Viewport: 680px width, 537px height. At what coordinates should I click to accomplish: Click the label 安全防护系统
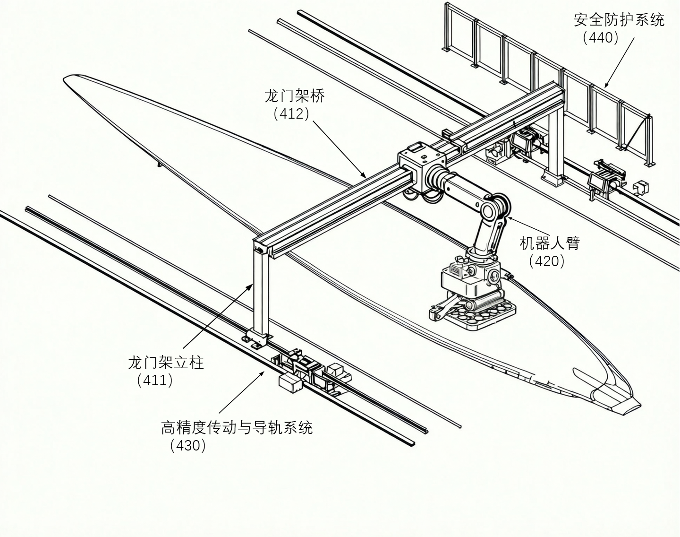pos(619,20)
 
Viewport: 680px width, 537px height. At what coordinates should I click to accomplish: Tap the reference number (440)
pos(601,38)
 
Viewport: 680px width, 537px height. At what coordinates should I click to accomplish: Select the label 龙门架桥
pos(295,96)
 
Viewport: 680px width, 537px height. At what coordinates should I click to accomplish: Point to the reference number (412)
pos(291,113)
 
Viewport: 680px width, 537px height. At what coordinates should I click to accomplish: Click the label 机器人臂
pos(549,243)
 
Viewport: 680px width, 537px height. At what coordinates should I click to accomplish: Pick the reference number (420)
pos(546,260)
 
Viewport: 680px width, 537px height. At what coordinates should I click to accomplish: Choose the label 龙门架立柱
pos(166,363)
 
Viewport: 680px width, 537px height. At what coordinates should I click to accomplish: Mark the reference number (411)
pos(155,380)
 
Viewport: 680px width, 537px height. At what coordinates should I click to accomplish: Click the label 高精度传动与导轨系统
pos(237,428)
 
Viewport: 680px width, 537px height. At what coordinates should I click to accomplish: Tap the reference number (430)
pos(188,445)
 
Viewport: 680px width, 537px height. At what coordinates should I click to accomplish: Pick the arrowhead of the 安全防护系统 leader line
pos(606,87)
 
